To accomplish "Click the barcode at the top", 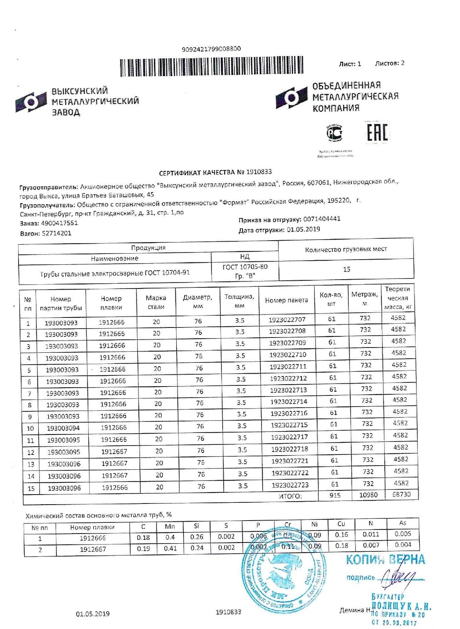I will (211, 67).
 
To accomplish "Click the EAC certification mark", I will (377, 132).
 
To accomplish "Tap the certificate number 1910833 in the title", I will (259, 172).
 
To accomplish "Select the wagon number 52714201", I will (56, 233).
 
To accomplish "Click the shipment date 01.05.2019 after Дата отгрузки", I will (303, 229).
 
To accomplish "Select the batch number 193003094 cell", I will (63, 428).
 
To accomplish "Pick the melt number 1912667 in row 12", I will (114, 452).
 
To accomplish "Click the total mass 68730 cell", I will (401, 495).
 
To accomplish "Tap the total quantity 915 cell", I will (335, 495).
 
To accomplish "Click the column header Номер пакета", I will (286, 300).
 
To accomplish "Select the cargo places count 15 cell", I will (346, 269).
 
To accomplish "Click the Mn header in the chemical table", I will (170, 526).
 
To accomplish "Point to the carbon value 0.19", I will (143, 548).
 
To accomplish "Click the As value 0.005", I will (402, 534).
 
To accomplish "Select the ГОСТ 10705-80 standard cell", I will (245, 271).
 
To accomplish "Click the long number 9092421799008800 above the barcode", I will (211, 49).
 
